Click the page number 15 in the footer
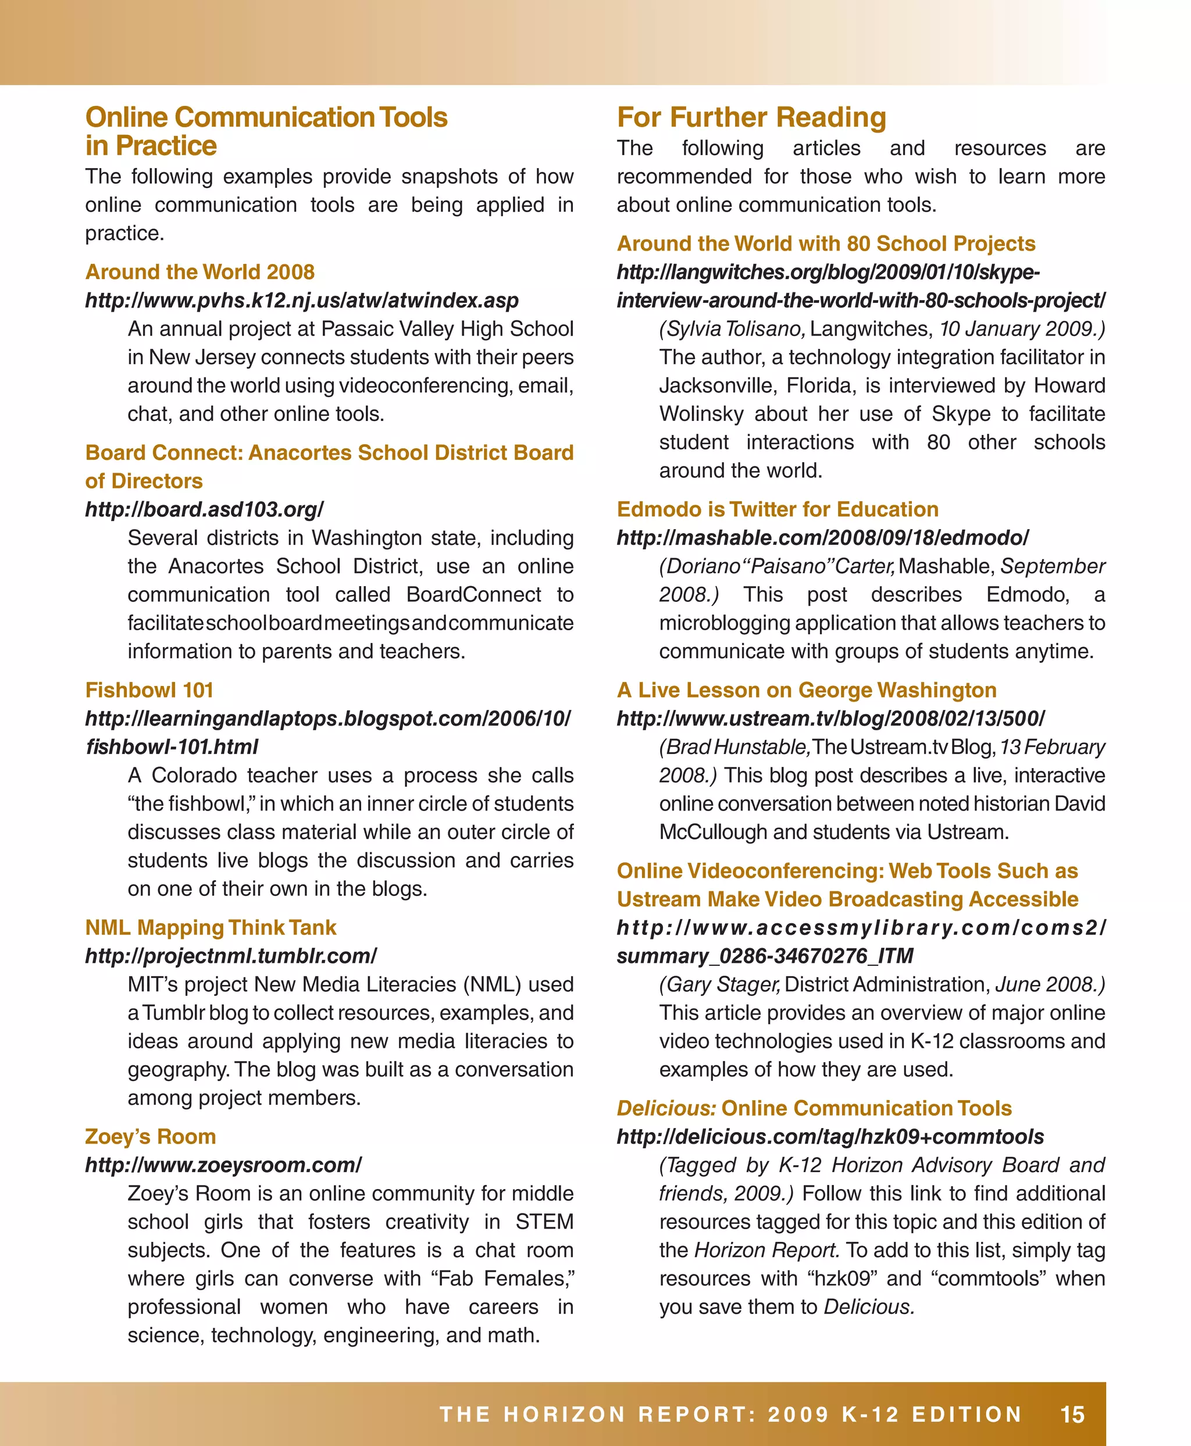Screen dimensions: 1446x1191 1072,1415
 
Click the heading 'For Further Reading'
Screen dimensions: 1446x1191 751,117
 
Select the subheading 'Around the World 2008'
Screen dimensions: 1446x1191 199,272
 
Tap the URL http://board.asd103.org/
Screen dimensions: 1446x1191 204,509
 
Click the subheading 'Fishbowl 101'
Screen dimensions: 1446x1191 149,690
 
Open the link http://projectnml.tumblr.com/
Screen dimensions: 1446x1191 230,955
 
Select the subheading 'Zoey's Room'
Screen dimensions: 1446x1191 150,1137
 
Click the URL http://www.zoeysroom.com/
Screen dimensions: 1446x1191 223,1165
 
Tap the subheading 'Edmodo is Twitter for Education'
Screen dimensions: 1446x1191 778,509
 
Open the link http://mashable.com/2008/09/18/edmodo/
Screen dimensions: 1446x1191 822,538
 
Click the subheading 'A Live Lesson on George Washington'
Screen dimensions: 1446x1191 806,690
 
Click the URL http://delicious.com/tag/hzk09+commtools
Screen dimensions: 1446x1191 830,1137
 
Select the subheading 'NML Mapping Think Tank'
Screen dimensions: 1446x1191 211,927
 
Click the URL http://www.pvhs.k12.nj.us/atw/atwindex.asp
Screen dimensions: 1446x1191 302,301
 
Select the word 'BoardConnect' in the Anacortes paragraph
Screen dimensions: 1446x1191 473,594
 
